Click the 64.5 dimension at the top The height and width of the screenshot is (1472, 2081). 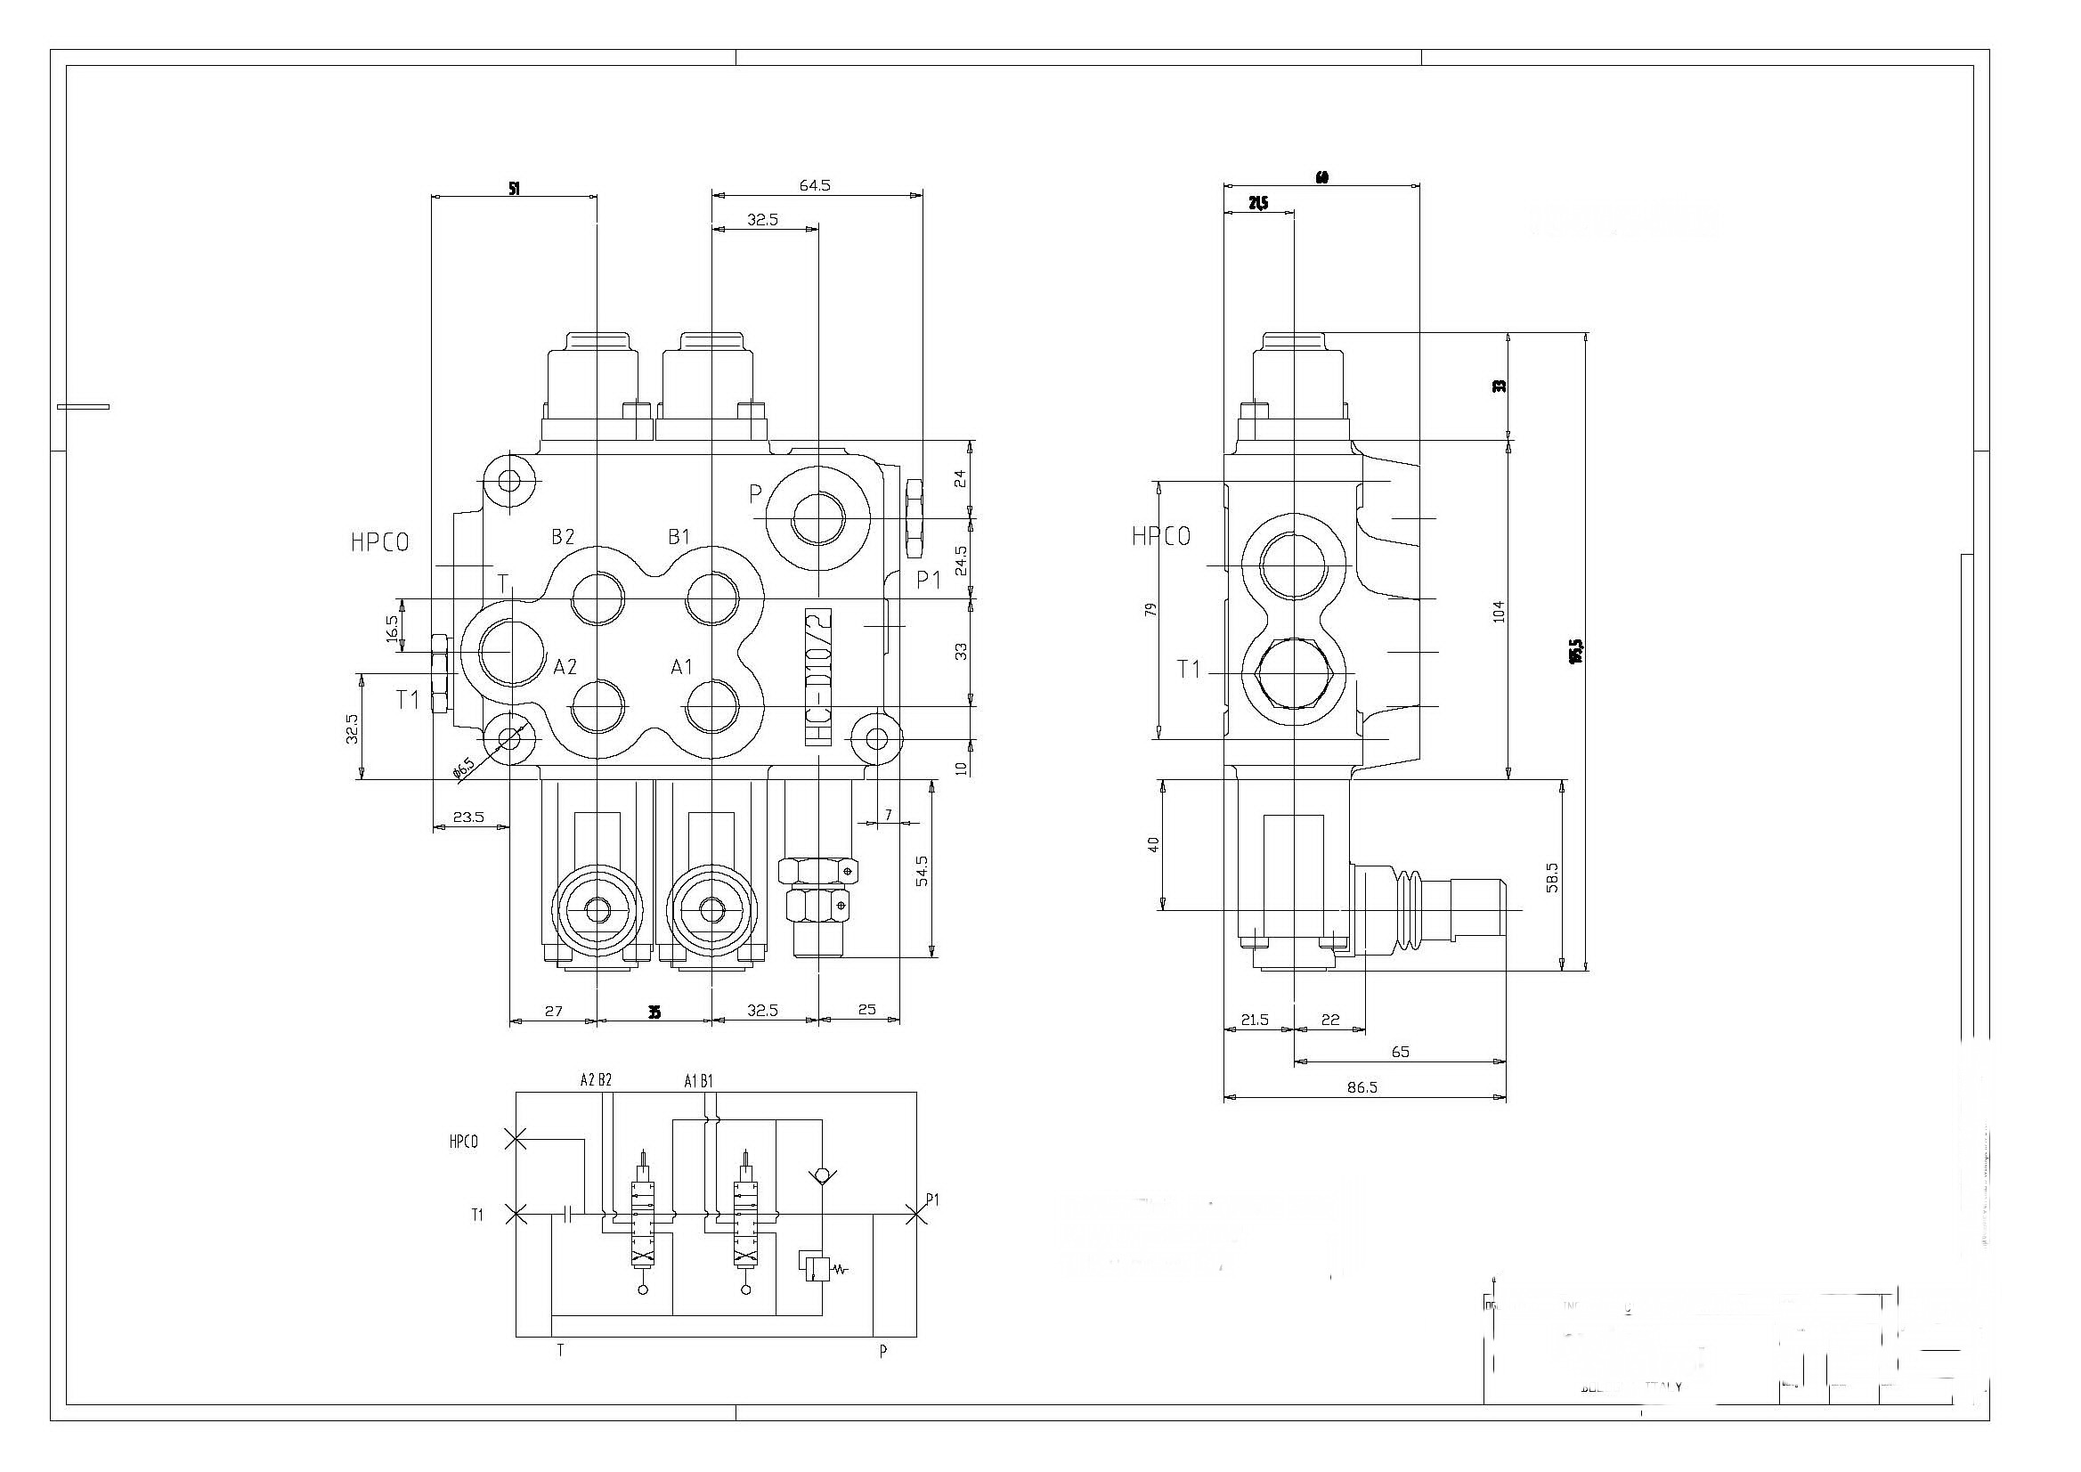(x=814, y=185)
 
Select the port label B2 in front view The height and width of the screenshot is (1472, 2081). (x=563, y=537)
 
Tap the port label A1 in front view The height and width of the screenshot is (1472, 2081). (x=680, y=667)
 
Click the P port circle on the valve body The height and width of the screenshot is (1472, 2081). (x=818, y=519)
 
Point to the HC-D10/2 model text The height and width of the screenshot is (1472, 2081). (x=817, y=677)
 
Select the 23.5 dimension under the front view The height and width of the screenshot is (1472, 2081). (x=468, y=817)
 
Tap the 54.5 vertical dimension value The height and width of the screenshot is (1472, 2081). (x=922, y=871)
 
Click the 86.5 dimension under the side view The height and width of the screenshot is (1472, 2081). (x=1362, y=1087)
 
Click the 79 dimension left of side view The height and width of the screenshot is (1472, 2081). (x=1152, y=610)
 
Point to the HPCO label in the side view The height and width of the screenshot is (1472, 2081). (x=1161, y=537)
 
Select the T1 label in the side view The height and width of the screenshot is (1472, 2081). (x=1188, y=670)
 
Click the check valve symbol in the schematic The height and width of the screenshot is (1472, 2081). (x=821, y=1175)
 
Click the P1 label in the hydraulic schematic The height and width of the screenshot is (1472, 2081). (x=932, y=1200)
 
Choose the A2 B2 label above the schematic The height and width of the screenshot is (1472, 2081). (x=596, y=1079)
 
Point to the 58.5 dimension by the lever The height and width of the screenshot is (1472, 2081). (x=1552, y=877)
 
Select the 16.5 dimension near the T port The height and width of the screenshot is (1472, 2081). (x=393, y=627)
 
